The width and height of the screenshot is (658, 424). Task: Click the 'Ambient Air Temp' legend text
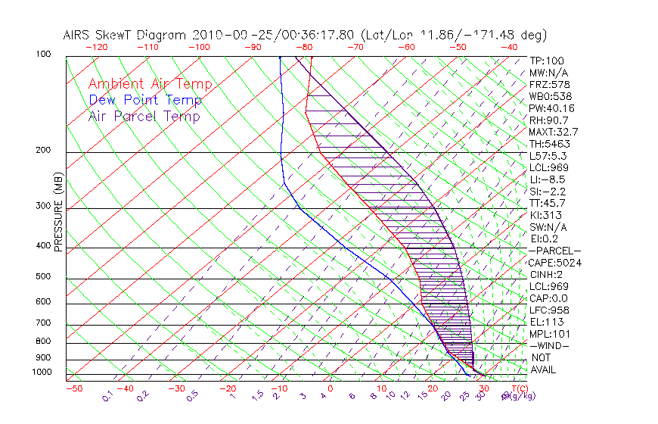(x=150, y=84)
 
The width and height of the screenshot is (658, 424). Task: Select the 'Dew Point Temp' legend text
(x=145, y=100)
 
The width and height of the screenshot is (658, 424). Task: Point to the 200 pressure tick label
(x=44, y=150)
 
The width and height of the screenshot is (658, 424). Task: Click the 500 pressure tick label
(x=44, y=277)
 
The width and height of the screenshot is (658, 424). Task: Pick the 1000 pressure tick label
(x=42, y=372)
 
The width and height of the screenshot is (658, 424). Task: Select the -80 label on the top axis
(x=305, y=47)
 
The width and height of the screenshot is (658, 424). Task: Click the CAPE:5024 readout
(x=550, y=262)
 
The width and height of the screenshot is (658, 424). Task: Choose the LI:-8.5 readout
(x=545, y=179)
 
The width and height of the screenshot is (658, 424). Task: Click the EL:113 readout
(x=543, y=322)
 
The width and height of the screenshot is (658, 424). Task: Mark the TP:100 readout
(x=545, y=61)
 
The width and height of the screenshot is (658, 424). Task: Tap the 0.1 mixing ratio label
(x=107, y=395)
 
